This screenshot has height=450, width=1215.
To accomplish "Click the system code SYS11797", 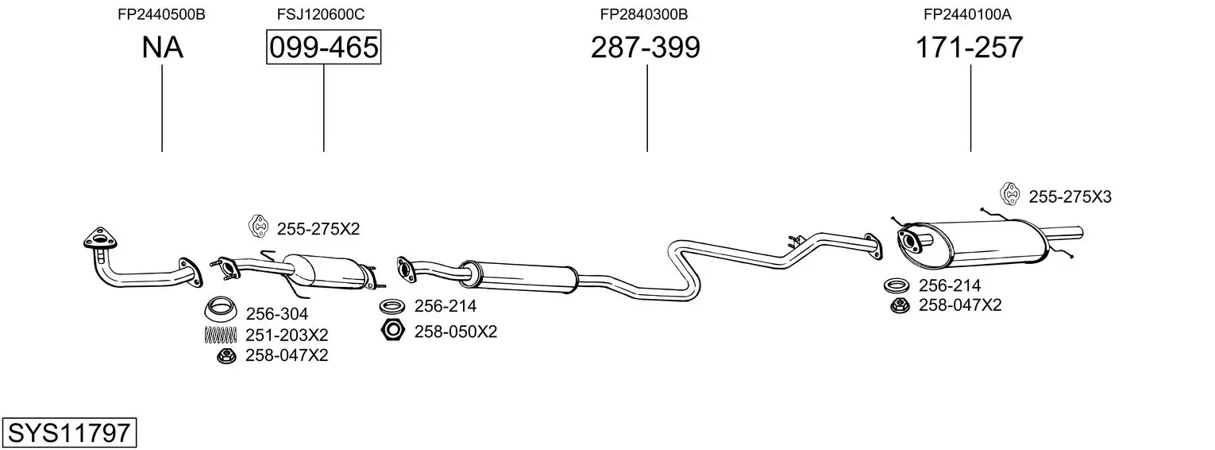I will pyautogui.click(x=69, y=433).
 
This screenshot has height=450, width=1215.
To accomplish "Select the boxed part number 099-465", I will pyautogui.click(x=323, y=48).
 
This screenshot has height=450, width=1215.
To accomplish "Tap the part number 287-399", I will pyautogui.click(x=645, y=48).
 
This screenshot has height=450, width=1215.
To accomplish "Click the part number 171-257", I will pyautogui.click(x=969, y=48).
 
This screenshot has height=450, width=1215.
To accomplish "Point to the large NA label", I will pyautogui.click(x=162, y=48).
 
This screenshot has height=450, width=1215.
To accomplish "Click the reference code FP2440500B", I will pyautogui.click(x=161, y=14).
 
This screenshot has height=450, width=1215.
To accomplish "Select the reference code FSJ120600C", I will pyautogui.click(x=321, y=14).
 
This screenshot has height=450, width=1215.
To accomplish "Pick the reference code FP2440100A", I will pyautogui.click(x=967, y=14).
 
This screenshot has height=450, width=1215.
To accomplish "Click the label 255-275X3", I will pyautogui.click(x=1070, y=197).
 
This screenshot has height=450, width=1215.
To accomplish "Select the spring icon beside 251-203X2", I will pyautogui.click(x=220, y=335).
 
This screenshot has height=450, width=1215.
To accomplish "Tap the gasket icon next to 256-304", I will pyautogui.click(x=222, y=308).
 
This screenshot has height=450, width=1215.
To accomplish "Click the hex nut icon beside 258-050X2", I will pyautogui.click(x=393, y=331).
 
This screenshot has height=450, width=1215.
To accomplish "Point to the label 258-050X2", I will pyautogui.click(x=455, y=332).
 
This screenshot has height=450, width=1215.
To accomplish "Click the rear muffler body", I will pyautogui.click(x=985, y=242).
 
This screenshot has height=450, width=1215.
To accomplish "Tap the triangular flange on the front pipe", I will pyautogui.click(x=98, y=239).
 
